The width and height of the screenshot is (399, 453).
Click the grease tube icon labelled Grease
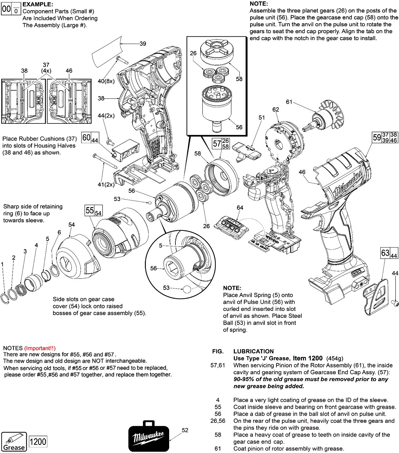point(14,442)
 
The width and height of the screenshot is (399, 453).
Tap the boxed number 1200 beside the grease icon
point(38,442)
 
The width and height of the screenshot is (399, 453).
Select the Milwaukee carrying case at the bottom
point(149,436)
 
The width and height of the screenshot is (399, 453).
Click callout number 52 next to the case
point(185,430)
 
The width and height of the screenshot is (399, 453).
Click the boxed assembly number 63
point(385,253)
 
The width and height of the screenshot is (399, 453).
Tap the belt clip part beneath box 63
point(376,294)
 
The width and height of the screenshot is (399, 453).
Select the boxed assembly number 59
point(377,137)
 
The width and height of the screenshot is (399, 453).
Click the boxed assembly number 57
point(217,143)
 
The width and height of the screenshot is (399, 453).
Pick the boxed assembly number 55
point(90,210)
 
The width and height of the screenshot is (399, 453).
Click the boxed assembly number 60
point(86,138)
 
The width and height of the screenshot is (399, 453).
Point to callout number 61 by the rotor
point(289,102)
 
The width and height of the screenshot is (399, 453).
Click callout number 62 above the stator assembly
point(276,110)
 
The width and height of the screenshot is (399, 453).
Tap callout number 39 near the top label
point(143,44)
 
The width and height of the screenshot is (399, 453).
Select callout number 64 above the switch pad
point(240,208)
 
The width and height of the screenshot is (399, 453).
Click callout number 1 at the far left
point(2,264)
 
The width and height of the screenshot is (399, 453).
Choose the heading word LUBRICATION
point(253,351)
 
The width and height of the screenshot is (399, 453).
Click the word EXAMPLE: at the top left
point(37,4)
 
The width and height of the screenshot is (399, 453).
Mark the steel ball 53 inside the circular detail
point(187,289)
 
